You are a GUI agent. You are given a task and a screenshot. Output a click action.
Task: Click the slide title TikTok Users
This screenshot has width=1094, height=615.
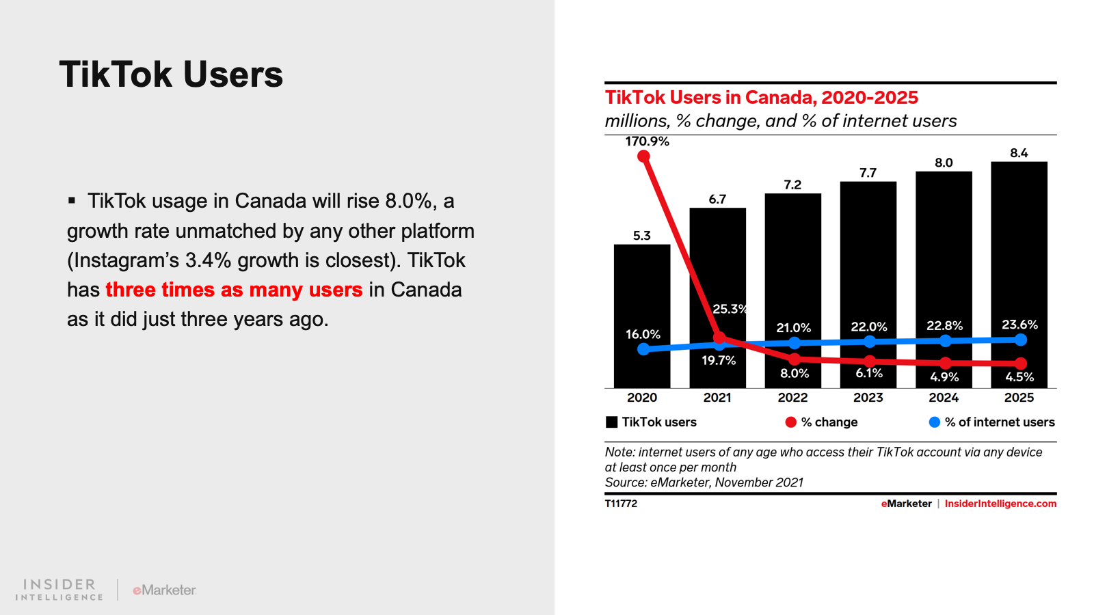coord(171,74)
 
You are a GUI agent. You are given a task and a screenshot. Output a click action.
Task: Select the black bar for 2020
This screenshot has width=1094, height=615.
coord(641,301)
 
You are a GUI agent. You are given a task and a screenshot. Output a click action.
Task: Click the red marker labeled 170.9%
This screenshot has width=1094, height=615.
coord(643,156)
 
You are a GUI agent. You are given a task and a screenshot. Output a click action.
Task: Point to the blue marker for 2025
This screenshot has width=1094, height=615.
coord(1021,340)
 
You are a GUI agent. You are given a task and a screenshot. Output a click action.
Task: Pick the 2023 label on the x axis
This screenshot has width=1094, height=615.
coord(868,398)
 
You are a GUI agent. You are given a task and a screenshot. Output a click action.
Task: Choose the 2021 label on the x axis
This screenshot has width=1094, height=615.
coord(717,398)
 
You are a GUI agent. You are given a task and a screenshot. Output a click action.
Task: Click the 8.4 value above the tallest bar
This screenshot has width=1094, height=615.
coord(1019,153)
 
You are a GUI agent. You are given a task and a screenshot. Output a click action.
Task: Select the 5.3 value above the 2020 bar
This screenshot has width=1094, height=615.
coord(641,236)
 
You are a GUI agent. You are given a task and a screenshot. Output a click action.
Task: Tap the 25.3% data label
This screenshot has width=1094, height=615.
coord(730,309)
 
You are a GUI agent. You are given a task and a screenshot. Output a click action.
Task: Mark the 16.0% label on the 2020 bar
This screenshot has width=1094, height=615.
coord(643,334)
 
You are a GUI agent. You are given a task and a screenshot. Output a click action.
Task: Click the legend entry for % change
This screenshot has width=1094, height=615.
coord(822,422)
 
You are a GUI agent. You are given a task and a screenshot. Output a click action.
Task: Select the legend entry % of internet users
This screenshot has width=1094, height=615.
coord(992,422)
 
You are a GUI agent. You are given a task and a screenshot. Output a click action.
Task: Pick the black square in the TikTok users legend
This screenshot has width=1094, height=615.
coord(612,422)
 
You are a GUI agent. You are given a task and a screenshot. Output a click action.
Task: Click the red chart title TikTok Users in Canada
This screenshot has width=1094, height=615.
coord(761,98)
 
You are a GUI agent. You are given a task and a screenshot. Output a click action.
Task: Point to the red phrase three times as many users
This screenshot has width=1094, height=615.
coord(234,290)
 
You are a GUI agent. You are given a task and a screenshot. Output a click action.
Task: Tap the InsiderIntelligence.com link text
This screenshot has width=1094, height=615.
coord(1000,504)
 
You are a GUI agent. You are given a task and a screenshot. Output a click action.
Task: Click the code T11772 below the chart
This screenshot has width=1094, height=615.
coord(621,504)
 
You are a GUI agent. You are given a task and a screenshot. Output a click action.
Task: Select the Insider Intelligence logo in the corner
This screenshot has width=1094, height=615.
coord(59,590)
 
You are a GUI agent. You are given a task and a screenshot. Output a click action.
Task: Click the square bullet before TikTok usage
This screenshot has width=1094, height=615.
coord(72,200)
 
